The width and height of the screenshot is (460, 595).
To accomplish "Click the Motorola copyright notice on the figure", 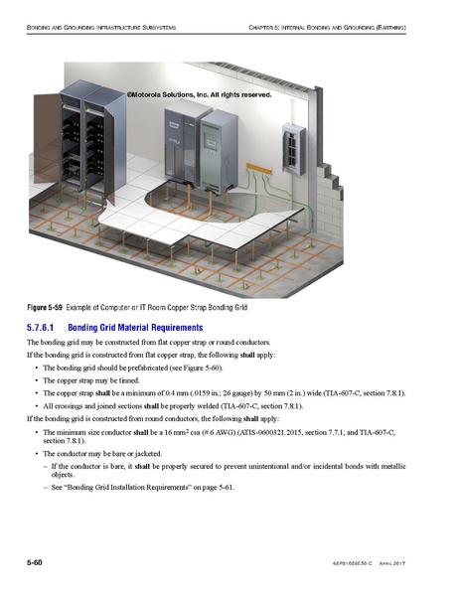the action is point(199,94).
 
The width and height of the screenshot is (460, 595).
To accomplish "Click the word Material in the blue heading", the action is point(150,327).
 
